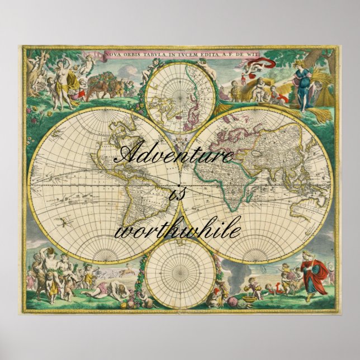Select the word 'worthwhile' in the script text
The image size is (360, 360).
tap(177, 230)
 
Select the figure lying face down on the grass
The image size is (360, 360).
tap(98, 291)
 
